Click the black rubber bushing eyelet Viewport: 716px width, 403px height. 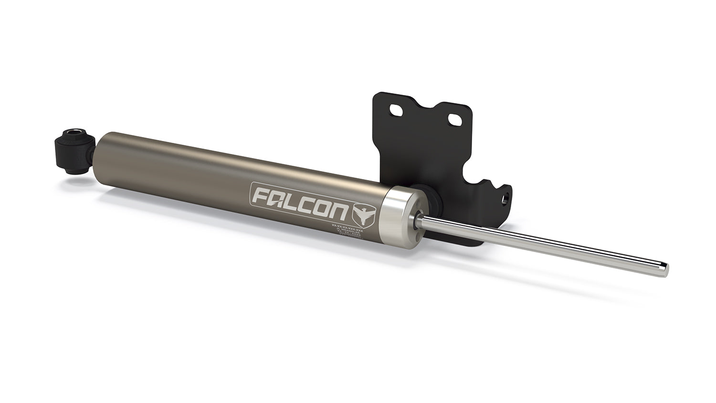click(x=72, y=150)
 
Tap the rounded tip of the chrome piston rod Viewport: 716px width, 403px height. click(x=664, y=269)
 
